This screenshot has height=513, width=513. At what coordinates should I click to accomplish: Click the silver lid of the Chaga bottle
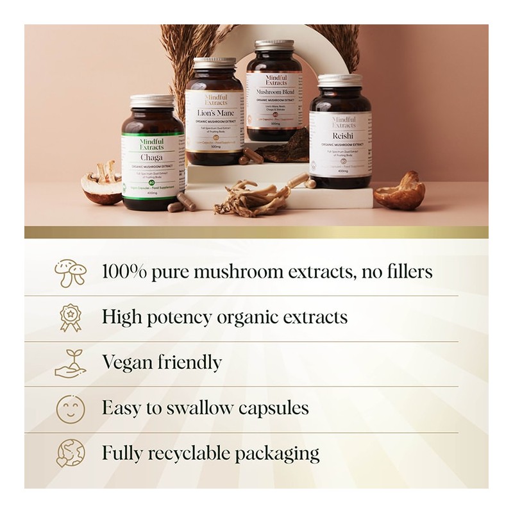point(153,101)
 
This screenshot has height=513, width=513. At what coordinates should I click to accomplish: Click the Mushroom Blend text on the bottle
point(274,92)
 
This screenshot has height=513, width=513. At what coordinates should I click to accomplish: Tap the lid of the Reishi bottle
point(339,80)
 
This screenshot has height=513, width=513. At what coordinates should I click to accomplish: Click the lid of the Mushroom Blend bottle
point(274,46)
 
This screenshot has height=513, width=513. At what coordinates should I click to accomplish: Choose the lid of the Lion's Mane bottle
point(215,62)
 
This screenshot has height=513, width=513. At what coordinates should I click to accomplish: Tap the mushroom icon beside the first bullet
point(70,271)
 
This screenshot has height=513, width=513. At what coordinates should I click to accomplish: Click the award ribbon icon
point(70,317)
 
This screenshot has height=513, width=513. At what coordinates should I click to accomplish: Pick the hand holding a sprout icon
point(70,363)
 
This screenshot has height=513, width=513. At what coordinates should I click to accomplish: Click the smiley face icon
point(70,408)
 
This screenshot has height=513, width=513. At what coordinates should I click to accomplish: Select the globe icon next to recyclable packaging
point(70,453)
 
